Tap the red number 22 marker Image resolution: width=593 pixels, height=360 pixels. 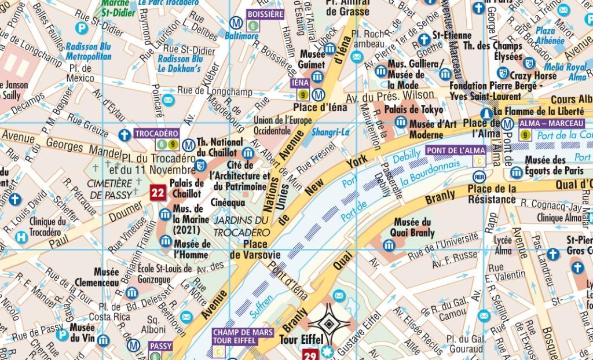click(157, 193)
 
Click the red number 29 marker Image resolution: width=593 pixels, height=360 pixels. click(310, 354)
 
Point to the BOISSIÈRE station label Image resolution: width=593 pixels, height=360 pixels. click(265, 14)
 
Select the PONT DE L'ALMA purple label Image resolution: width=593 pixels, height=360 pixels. click(456, 150)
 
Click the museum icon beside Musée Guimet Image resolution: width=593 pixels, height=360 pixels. click(317, 77)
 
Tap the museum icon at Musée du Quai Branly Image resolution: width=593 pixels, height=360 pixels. click(389, 245)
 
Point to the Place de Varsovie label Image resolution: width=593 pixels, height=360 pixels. click(255, 249)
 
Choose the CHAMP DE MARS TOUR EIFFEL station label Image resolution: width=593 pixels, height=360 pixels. click(239, 336)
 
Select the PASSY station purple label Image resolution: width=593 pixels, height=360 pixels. click(160, 346)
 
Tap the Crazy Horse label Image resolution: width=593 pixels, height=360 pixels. click(533, 76)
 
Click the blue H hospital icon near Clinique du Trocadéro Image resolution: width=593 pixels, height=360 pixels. click(21, 236)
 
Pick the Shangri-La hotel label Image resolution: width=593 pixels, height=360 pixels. click(331, 132)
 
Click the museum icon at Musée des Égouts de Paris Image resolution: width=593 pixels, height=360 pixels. click(517, 172)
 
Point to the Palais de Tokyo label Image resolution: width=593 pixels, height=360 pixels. click(414, 109)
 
